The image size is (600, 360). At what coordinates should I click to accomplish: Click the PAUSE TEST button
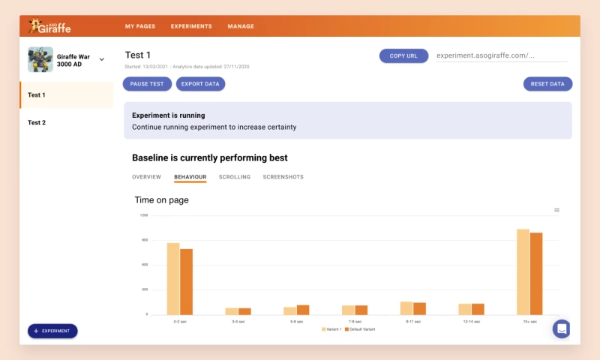pos(147,84)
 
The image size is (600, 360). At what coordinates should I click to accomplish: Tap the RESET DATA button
pos(547,84)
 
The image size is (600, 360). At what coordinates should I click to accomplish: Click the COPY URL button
pos(403,55)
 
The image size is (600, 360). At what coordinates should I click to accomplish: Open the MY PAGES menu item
pos(140,26)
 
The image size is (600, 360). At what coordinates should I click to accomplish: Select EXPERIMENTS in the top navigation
pos(191,26)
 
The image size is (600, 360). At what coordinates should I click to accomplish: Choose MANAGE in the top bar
pos(241,26)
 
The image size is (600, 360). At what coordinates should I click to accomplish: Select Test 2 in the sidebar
pos(37,122)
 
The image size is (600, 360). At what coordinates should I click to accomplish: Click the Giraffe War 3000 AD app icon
pos(40,59)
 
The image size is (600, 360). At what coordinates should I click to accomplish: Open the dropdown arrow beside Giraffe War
pos(102,59)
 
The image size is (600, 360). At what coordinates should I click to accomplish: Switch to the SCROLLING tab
pos(235,177)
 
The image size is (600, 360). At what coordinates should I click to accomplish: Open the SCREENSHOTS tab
pos(283,177)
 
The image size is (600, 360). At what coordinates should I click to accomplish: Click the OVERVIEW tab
pos(146,177)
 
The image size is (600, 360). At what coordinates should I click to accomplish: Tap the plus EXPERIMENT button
pos(52,331)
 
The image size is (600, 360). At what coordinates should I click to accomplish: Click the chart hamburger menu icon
pos(556,210)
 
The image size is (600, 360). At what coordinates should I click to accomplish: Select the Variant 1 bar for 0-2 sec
pos(173,278)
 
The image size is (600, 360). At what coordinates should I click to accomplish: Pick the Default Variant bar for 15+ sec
pos(536,273)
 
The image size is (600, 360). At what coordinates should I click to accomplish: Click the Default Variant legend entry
pos(360,329)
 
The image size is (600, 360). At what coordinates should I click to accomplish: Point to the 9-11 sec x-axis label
pos(413,321)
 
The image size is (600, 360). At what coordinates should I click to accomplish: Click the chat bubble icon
pos(562,328)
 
